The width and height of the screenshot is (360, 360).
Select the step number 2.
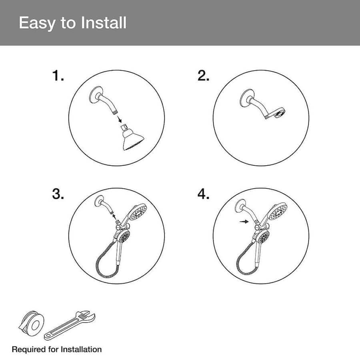coord(203,76)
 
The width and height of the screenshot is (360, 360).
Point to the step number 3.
coord(58,194)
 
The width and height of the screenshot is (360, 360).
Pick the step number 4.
coord(203,194)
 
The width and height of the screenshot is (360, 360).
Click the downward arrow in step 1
coord(119,119)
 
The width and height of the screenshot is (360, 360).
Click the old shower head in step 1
coord(132,138)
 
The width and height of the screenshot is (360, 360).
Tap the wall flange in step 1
coord(96,94)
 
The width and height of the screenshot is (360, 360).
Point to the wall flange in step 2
coord(246,97)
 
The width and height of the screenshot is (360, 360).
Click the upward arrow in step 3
coord(114,217)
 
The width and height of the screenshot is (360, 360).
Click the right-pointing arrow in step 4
coord(244,222)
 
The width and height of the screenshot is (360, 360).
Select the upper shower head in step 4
coord(278,212)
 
